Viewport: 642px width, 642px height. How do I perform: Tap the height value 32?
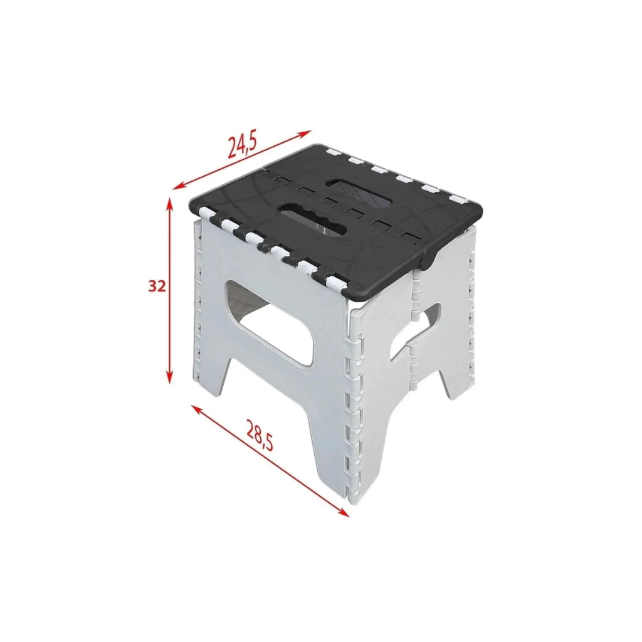click(157, 286)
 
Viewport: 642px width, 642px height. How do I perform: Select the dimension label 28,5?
click(259, 436)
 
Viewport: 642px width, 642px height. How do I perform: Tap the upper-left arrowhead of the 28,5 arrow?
click(197, 409)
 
